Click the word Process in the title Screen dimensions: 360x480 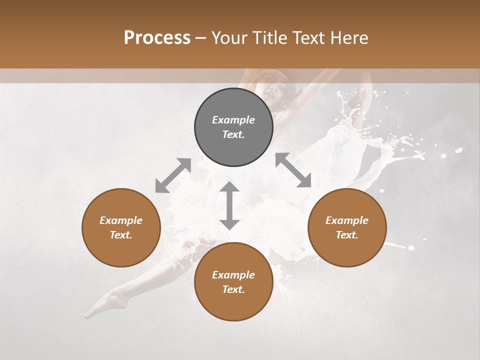[x=157, y=38]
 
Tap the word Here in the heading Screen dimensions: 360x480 [x=349, y=38]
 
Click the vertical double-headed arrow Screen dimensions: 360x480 [x=229, y=205]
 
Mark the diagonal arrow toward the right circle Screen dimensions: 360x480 [x=293, y=170]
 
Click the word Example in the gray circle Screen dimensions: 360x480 [x=233, y=120]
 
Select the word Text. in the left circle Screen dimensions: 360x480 [x=121, y=235]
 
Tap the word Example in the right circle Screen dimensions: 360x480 [x=347, y=220]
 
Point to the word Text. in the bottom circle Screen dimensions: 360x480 [x=233, y=289]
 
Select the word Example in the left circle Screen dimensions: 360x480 [x=121, y=220]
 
